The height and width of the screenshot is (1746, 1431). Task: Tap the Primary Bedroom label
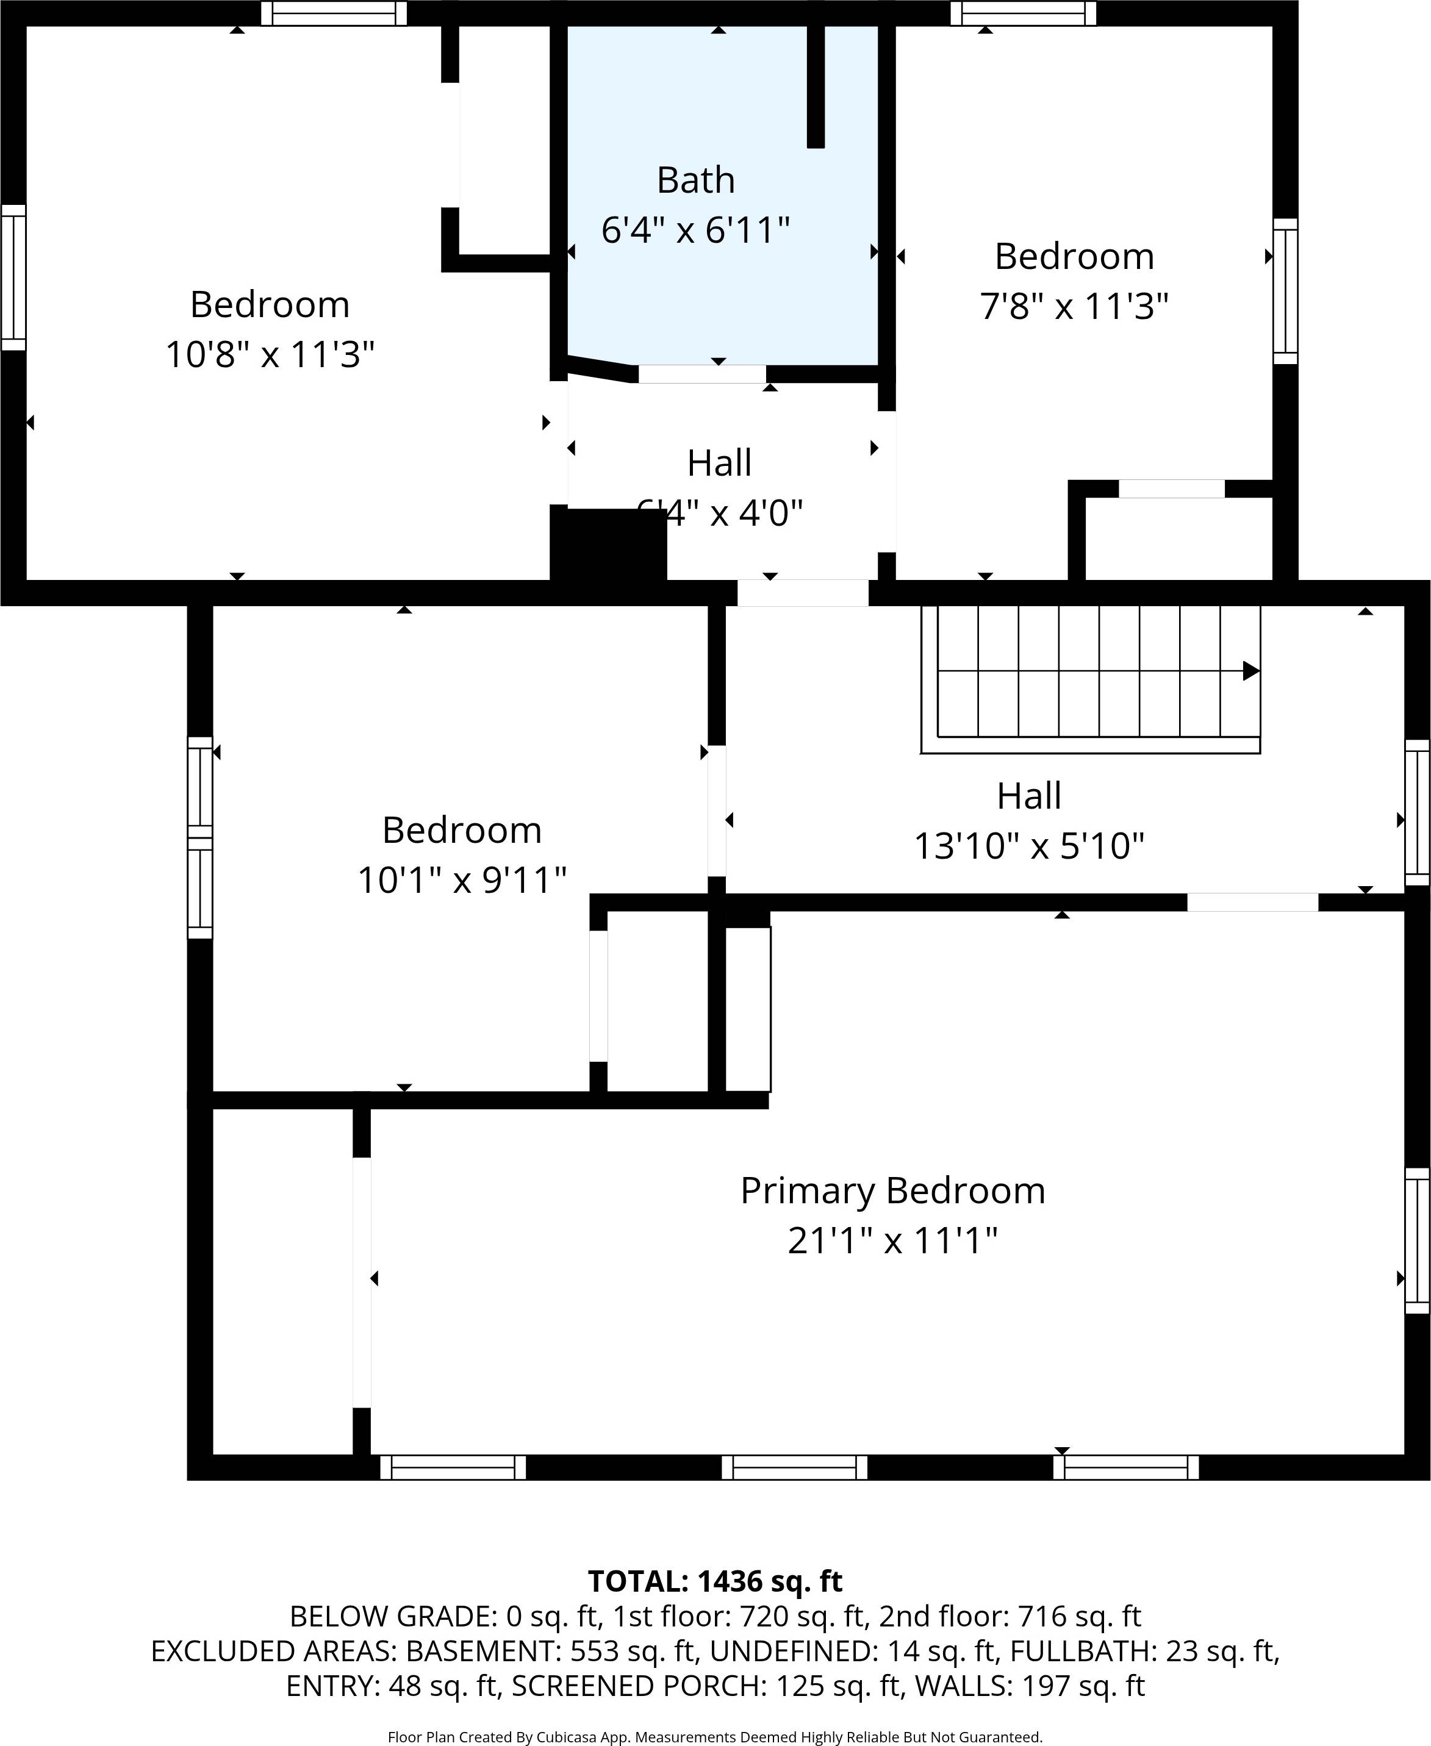click(x=893, y=1190)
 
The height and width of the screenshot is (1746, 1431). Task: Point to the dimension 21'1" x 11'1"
click(x=893, y=1240)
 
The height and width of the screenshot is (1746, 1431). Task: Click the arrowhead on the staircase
click(x=1250, y=671)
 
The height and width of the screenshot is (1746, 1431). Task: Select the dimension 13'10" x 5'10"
click(x=1029, y=846)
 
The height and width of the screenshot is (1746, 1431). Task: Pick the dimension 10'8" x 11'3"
click(x=270, y=355)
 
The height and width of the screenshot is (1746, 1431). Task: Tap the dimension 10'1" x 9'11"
click(x=462, y=880)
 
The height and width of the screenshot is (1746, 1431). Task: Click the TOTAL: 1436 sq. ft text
click(x=715, y=1581)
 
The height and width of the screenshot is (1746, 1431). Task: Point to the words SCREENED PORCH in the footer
click(x=640, y=1686)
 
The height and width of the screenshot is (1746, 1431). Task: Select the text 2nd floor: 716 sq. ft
click(x=1010, y=1616)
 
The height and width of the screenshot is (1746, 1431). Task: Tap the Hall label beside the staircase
click(x=1029, y=796)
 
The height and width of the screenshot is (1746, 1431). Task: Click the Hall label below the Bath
click(x=719, y=463)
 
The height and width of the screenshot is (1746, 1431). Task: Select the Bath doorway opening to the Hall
click(x=701, y=374)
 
